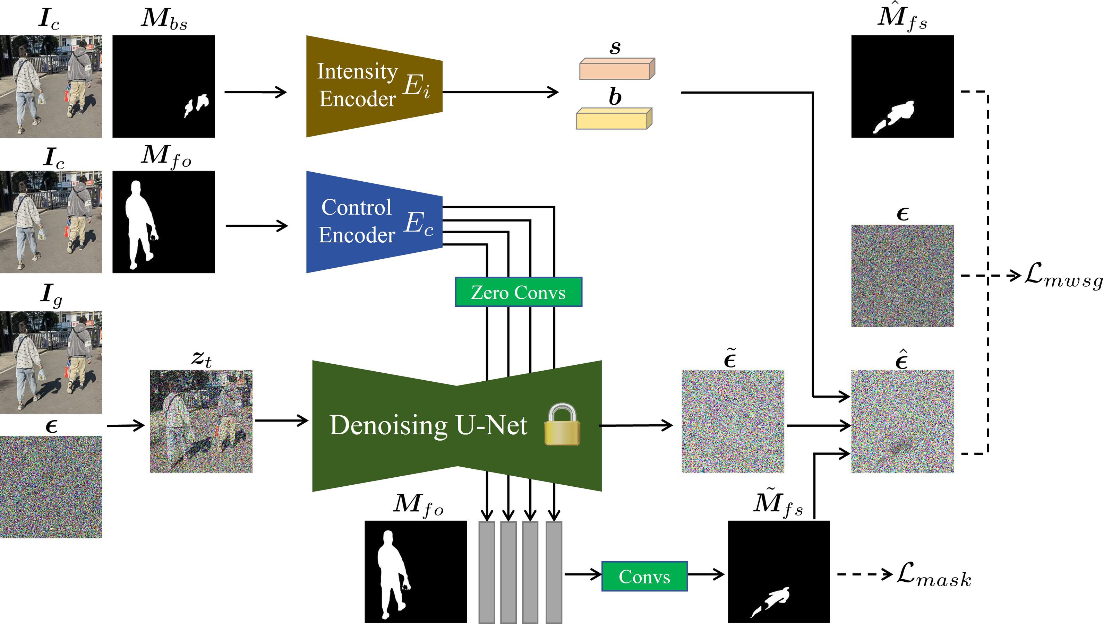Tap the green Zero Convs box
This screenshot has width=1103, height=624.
coord(518,292)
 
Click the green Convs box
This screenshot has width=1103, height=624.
coord(644,577)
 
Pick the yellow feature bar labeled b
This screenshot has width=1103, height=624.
coord(614,119)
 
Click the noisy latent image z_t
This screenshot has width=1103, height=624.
coord(201,421)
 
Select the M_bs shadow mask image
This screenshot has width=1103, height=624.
coord(163,86)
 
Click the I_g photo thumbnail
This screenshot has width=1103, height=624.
coord(51,362)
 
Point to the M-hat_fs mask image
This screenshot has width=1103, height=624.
coord(902,86)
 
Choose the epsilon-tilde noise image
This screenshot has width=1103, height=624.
coord(733,421)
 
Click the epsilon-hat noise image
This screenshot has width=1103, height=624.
coord(902,421)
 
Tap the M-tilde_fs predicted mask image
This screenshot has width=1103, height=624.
coord(778,571)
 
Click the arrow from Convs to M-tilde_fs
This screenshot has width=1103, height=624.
coord(706,574)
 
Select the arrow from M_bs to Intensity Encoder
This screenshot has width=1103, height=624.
coord(256,92)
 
